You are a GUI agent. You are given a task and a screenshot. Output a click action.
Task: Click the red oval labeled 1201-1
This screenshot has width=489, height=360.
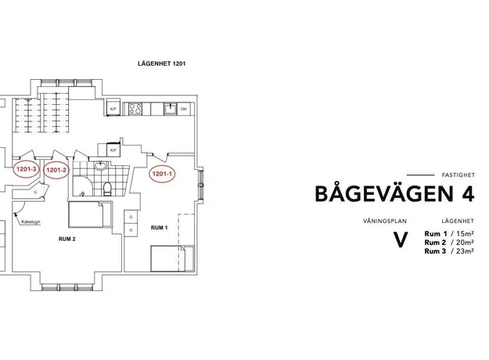(x=162, y=174)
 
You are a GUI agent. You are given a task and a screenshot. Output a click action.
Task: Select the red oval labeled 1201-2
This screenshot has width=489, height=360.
(x=56, y=170)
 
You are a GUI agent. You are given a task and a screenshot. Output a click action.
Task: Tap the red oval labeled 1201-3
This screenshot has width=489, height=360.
(x=26, y=169)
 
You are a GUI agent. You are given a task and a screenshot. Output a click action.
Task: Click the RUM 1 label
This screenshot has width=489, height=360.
(x=159, y=228)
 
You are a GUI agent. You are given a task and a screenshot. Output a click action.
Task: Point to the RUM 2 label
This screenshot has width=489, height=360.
(x=67, y=239)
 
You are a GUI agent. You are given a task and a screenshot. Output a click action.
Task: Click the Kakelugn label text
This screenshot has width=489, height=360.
(x=31, y=222)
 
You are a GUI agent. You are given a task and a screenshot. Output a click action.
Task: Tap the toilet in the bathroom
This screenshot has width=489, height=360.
(x=107, y=189)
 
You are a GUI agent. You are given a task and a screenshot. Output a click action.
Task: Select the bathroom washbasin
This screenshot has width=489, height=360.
(x=100, y=166)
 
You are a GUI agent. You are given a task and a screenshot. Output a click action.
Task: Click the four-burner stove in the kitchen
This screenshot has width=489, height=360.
(x=135, y=109)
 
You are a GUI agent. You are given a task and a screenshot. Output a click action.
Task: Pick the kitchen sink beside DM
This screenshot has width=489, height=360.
(x=171, y=109)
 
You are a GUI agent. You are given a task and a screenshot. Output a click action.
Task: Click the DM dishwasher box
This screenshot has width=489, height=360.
(x=183, y=109)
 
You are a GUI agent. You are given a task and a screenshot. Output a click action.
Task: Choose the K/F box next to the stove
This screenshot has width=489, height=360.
(x=113, y=108)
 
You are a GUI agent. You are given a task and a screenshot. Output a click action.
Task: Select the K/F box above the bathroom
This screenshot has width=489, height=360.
(x=113, y=150)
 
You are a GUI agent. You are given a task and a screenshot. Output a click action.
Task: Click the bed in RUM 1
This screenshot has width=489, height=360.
(x=167, y=258)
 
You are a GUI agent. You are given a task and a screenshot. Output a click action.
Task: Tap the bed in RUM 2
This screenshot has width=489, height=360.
(x=86, y=214)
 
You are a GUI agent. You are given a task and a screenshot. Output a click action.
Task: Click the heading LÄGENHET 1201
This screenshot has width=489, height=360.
(x=161, y=63)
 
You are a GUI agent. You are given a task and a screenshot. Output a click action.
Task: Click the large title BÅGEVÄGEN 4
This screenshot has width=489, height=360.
(x=395, y=194)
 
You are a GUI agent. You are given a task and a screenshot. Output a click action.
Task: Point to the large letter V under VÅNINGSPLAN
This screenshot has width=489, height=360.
(x=400, y=239)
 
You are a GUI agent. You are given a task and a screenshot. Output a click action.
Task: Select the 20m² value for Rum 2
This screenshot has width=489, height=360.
(x=466, y=243)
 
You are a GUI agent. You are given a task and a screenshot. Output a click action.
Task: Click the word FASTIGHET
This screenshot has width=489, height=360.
(x=458, y=175)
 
